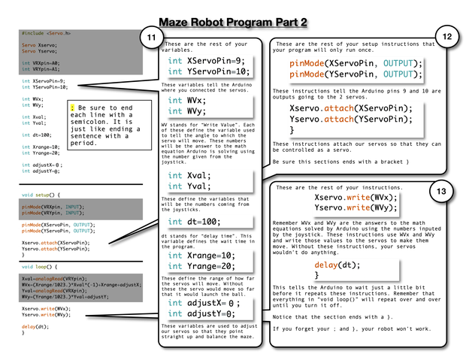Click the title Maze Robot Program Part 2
pos(233,23)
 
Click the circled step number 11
pos(152,38)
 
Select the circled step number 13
pos(441,192)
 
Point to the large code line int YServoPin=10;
pos(207,72)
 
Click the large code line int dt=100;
pos(194,222)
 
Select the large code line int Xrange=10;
pos(201,255)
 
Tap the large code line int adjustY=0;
pos(201,313)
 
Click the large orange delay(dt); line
pos(337,265)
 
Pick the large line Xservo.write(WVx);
pos(356,197)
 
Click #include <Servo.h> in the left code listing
pos(46,34)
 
